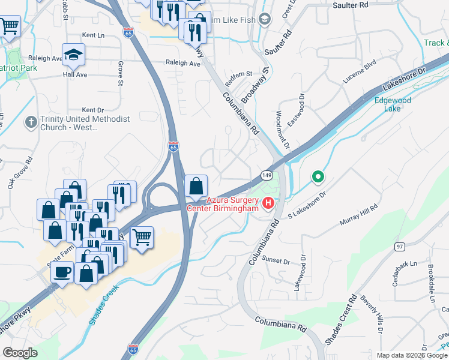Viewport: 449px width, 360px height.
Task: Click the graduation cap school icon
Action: pos(73,55)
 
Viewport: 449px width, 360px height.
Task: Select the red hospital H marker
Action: pos(268,204)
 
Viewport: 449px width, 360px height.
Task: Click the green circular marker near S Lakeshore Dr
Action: pos(318,177)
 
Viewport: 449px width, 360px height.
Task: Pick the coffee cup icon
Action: pos(62,273)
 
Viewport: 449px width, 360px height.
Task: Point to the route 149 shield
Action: pos(267,175)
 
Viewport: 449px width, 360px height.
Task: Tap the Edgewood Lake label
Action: pos(393,104)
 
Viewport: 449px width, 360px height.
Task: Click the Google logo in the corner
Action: pos(20,353)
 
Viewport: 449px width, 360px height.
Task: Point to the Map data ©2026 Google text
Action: pos(412,355)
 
